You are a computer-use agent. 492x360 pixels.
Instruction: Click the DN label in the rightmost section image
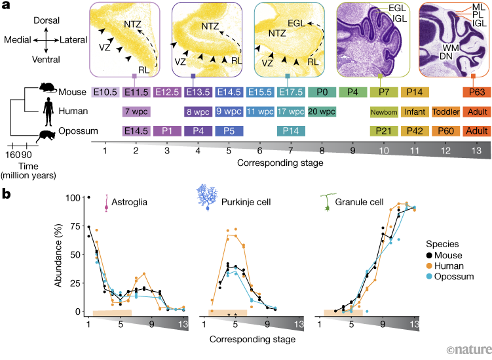coord(444,73)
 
